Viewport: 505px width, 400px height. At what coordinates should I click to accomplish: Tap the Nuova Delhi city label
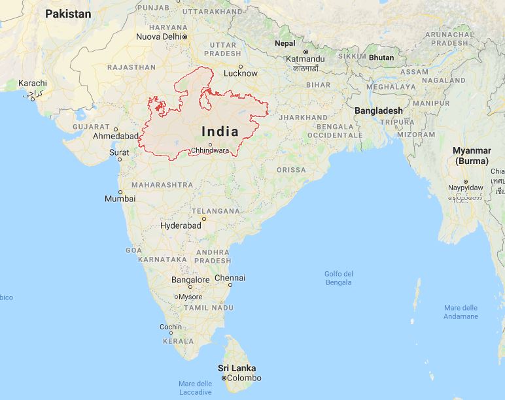coord(158,37)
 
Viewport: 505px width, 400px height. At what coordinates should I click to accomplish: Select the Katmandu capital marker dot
coord(305,51)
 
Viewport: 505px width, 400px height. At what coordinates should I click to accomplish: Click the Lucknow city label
coord(240,73)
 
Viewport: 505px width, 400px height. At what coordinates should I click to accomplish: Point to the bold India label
coord(220,131)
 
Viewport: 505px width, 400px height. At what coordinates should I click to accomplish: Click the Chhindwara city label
coord(210,150)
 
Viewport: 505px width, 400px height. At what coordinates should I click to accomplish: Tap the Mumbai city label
coord(120,198)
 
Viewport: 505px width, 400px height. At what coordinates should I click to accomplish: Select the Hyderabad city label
coord(181,225)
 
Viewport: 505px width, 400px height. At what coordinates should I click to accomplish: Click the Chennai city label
coord(230,278)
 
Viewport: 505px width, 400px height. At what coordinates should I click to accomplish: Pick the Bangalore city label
coord(190,280)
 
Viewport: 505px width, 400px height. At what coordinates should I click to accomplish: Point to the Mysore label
coord(190,297)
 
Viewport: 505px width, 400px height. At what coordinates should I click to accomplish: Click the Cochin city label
coord(171,327)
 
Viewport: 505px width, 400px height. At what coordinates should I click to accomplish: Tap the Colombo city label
coord(243,378)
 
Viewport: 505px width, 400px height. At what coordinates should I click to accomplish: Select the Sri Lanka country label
coord(237,368)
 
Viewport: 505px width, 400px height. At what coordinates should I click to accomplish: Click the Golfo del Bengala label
coord(339,278)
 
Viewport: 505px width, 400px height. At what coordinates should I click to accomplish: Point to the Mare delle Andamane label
coord(461,312)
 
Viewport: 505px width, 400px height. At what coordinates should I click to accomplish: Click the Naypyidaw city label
coord(465,187)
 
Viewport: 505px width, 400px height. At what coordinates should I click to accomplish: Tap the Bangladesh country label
coord(379,111)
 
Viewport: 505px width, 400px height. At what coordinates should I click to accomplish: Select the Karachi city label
coord(33,83)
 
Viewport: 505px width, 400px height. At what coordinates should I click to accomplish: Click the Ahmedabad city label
coord(116,136)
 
